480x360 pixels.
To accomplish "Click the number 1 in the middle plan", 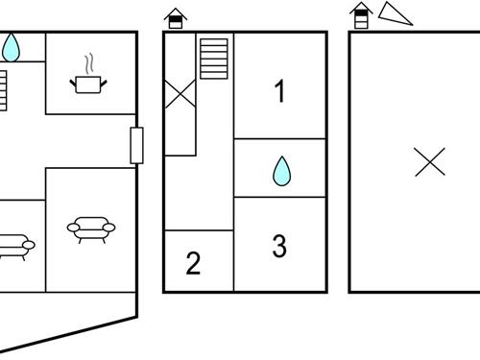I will [x=279, y=92].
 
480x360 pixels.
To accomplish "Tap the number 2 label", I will [x=193, y=263].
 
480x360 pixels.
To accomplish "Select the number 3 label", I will [x=279, y=246].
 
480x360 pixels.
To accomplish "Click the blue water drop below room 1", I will [x=281, y=171].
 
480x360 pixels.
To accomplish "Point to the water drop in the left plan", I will [x=12, y=45].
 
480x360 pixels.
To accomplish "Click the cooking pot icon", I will [x=88, y=84].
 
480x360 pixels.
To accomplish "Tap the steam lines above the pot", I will [x=89, y=63].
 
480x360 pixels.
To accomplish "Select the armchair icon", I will [x=90, y=228].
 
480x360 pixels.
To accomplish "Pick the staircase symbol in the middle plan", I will [x=214, y=60].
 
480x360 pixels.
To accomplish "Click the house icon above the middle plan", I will [x=175, y=17].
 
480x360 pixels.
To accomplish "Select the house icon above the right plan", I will [x=360, y=14].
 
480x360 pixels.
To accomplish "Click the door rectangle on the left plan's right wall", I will [x=136, y=144].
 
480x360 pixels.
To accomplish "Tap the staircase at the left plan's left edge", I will [x=3, y=90].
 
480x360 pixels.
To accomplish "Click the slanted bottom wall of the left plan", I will [x=67, y=332].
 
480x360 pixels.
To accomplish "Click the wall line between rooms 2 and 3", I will [x=233, y=259].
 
